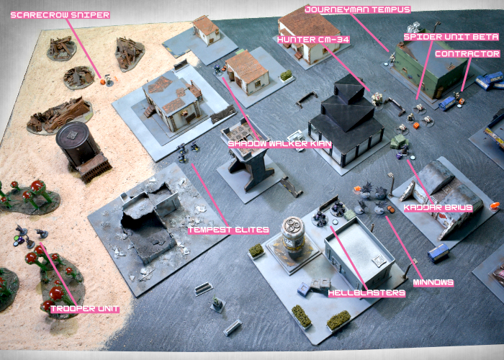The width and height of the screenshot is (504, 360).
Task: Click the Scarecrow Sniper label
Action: [60, 15]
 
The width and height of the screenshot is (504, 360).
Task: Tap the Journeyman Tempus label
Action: [358, 9]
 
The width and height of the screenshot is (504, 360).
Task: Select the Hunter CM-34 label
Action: [313, 40]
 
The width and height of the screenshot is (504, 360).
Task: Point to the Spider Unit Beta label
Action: [451, 37]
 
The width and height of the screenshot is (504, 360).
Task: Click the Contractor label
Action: [468, 54]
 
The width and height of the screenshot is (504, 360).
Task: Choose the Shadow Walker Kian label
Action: [279, 144]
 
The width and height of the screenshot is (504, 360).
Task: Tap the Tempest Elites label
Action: [228, 230]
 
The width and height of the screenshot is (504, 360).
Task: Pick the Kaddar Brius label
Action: [438, 207]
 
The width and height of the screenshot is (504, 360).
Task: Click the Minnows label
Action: [433, 283]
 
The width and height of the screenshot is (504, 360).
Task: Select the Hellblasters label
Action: [366, 293]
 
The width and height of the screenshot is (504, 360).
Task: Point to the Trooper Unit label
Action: [85, 309]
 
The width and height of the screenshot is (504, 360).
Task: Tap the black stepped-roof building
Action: [346, 122]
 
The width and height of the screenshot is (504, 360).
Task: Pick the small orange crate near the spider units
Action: [416, 125]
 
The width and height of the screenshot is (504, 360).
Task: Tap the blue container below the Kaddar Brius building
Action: [438, 252]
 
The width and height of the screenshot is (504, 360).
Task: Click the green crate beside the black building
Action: [399, 142]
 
